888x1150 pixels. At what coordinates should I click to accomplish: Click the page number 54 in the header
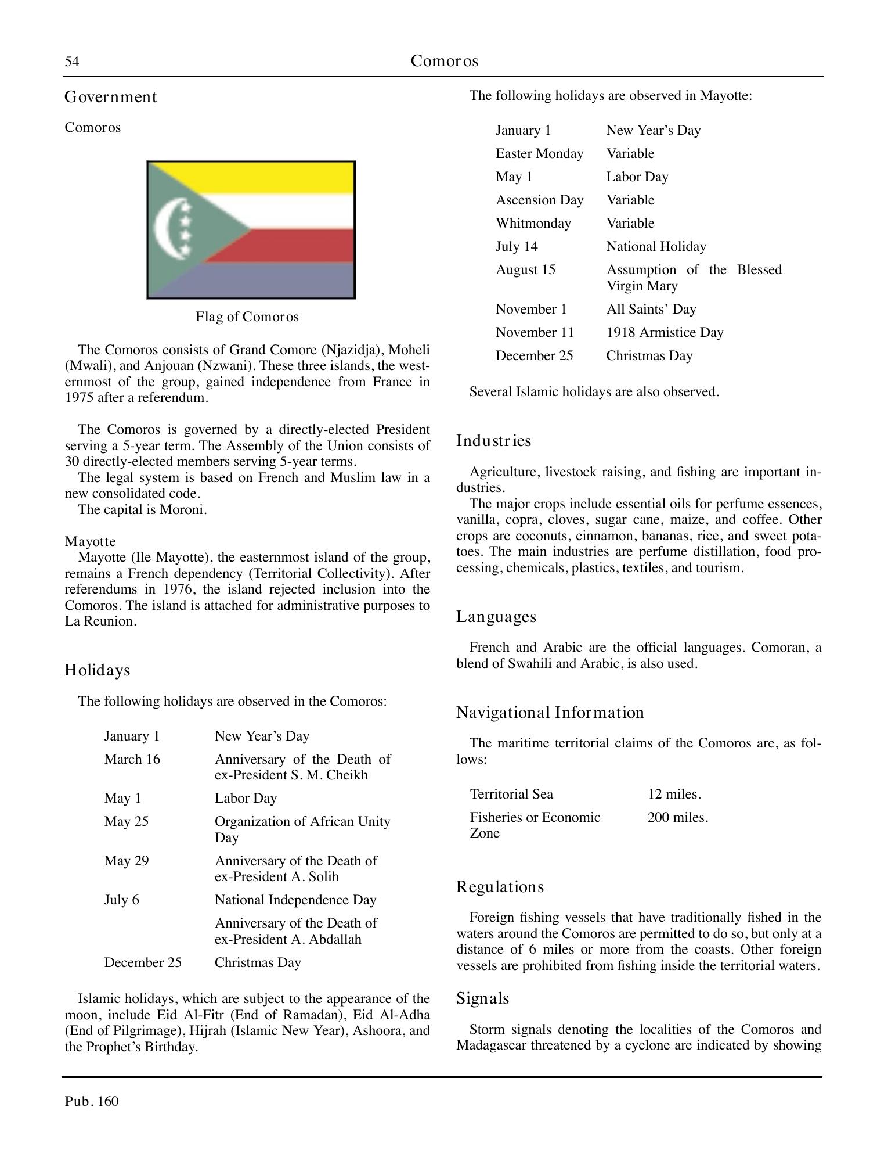coord(71,62)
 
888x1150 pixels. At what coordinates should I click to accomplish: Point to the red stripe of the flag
coord(290,245)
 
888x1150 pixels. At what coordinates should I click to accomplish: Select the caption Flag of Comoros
coord(247,317)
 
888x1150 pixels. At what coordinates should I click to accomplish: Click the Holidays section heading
coord(98,670)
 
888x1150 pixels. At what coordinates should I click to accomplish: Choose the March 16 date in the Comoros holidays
coord(132,760)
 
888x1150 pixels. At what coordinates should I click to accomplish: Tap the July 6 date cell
coord(121,900)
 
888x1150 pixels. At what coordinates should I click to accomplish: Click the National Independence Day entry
coord(295,900)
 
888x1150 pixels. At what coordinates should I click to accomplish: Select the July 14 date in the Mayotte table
coord(517,247)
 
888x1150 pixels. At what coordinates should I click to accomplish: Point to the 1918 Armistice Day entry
coord(665,333)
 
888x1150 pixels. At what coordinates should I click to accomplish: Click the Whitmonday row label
coord(533,224)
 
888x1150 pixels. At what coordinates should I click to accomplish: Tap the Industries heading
coord(493,441)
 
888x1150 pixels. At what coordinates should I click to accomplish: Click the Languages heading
coord(496,617)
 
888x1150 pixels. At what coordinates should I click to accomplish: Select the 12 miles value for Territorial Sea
coord(674,795)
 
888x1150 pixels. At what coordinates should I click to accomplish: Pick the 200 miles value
coord(677,818)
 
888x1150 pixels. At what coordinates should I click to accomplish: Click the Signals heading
coord(482,998)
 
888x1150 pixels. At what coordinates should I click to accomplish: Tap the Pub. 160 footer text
coord(92,1102)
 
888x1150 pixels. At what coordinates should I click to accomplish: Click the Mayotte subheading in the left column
coord(90,542)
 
